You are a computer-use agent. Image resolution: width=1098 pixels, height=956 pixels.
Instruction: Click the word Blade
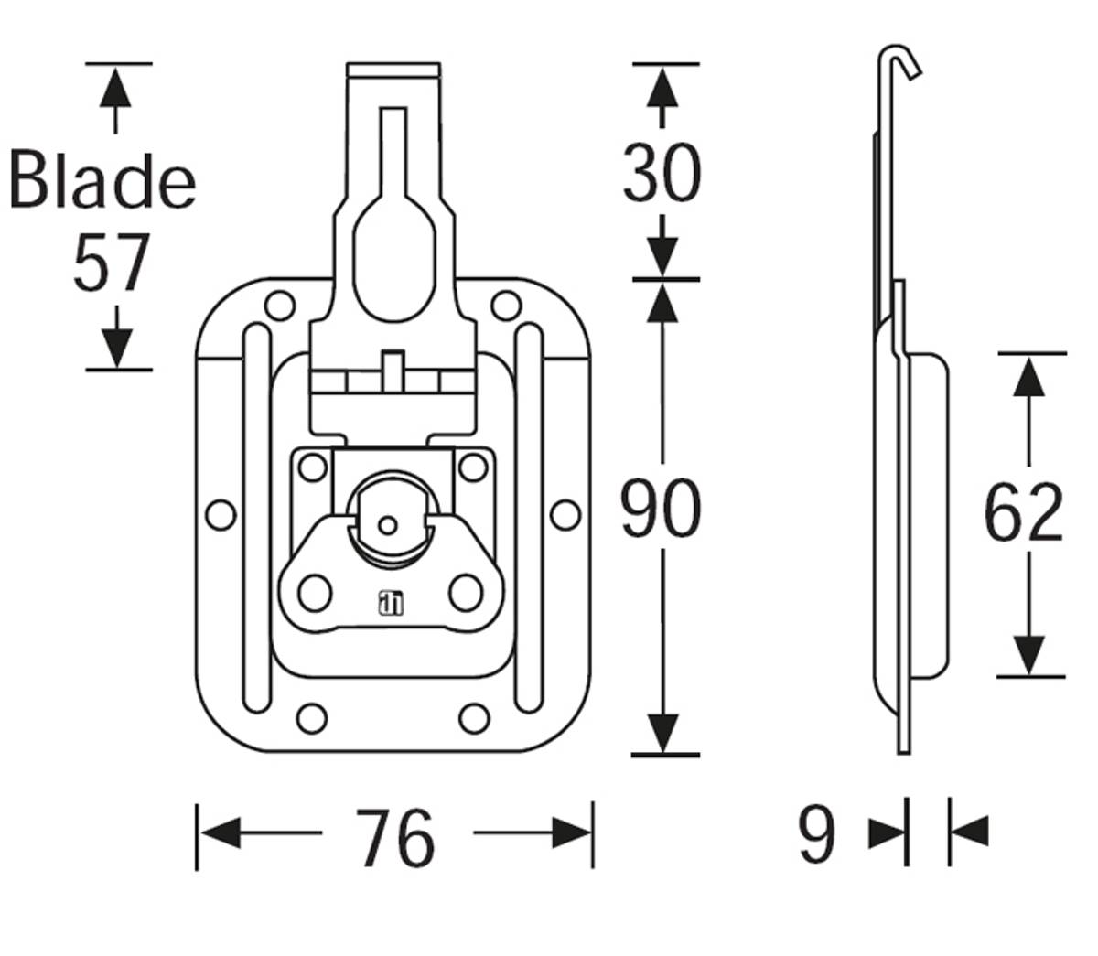(102, 179)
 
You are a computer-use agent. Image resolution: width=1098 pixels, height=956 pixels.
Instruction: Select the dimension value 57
(111, 263)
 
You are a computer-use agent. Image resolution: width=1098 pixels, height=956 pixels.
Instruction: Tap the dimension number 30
(662, 173)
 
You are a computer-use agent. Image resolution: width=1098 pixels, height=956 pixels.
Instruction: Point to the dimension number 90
(661, 508)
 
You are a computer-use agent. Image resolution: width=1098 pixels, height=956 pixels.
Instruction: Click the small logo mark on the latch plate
(391, 603)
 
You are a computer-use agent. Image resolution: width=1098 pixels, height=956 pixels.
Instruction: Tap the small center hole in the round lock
(387, 526)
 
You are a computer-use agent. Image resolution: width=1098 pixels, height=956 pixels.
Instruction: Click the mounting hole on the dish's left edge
(221, 514)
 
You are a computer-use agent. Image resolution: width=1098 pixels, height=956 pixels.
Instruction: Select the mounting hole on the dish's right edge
(565, 514)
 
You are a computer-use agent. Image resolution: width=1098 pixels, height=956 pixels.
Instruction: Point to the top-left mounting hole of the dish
(280, 306)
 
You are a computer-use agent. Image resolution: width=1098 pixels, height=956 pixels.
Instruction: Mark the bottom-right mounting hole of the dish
(474, 718)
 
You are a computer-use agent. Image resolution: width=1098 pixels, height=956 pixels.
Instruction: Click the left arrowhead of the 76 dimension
(220, 833)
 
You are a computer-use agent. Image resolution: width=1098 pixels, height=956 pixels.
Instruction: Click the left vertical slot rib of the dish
(258, 518)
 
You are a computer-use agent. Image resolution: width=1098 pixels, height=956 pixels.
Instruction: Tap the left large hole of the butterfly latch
(315, 593)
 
